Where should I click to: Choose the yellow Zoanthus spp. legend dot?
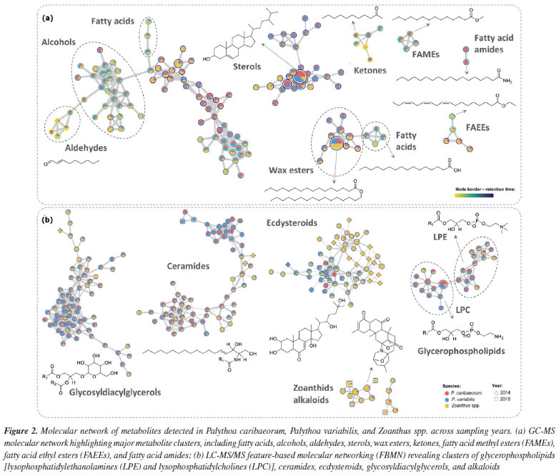(470, 405)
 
